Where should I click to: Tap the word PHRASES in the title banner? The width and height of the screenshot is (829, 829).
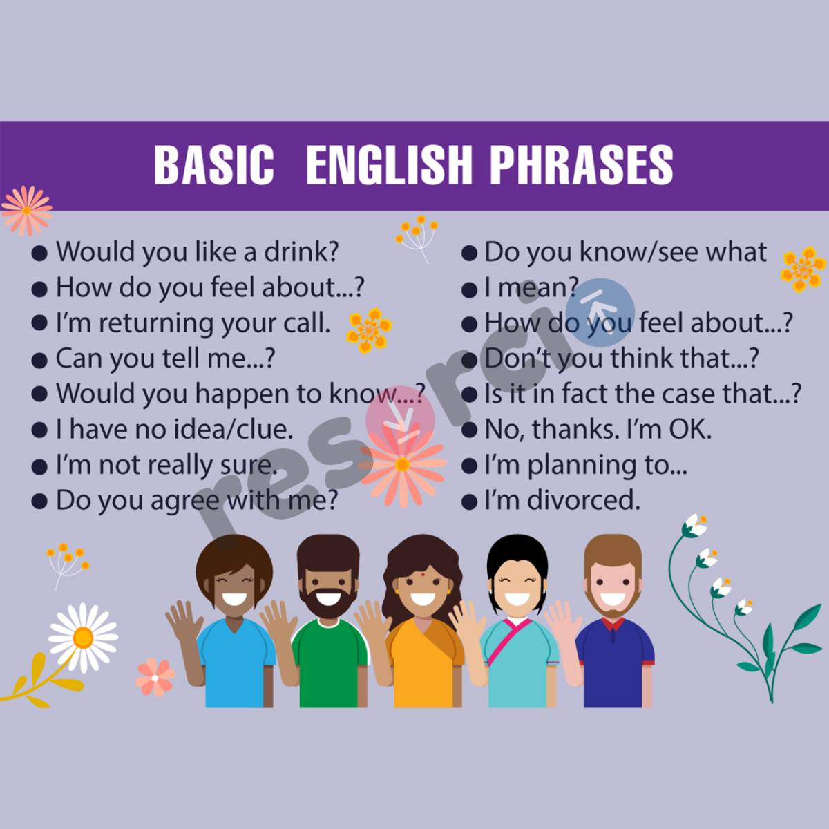click(581, 165)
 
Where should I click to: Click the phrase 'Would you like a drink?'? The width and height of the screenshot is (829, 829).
click(197, 251)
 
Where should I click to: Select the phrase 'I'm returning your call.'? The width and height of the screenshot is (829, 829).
click(193, 323)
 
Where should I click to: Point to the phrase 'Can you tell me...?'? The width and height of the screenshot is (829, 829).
click(166, 359)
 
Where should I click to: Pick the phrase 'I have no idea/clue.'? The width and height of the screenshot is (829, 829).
click(174, 430)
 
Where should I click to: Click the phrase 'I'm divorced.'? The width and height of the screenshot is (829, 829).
click(562, 500)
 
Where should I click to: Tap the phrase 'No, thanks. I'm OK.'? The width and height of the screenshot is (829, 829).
click(598, 430)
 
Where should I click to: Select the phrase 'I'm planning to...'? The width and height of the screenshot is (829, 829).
click(585, 465)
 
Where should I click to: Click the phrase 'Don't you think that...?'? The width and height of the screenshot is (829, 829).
click(622, 359)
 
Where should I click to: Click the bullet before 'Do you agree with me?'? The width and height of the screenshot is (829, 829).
click(39, 502)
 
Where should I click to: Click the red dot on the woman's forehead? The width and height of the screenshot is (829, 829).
click(423, 572)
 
